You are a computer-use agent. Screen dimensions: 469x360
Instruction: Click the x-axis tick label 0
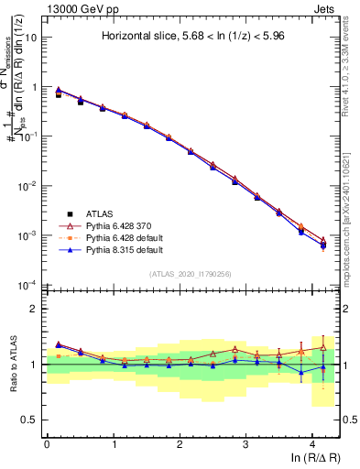[47, 443]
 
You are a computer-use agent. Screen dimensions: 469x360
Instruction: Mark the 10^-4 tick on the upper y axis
[27, 285]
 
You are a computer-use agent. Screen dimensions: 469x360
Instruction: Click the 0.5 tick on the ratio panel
[30, 420]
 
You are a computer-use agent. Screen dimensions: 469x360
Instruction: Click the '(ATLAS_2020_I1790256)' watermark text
[191, 274]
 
